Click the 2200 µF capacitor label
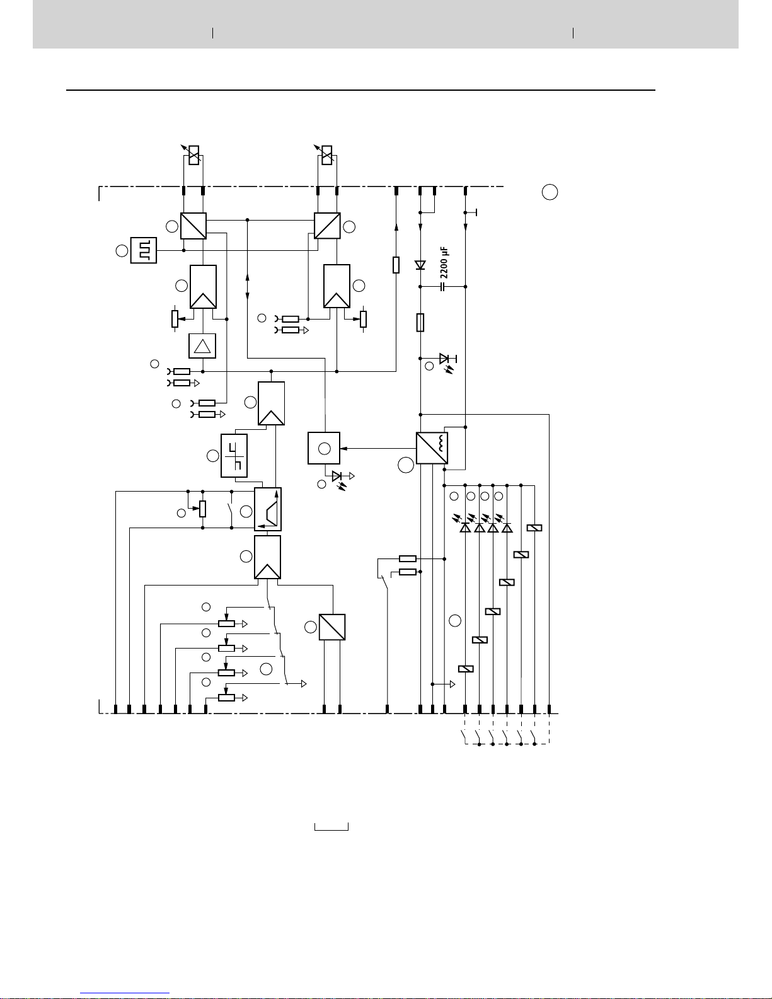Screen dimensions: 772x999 tap(444, 262)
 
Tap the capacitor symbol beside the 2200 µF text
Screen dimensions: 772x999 tap(442, 287)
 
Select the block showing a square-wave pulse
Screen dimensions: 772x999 tap(144, 250)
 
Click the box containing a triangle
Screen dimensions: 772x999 tap(202, 346)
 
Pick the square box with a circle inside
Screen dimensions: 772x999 tap(324, 448)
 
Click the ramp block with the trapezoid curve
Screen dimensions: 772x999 tap(268, 509)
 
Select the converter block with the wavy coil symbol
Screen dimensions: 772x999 tap(432, 448)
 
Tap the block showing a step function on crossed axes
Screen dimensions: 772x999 tap(234, 456)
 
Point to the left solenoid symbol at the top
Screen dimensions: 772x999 tap(194, 155)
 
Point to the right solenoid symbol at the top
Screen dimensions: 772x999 tap(326, 155)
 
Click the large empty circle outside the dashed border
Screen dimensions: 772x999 tap(550, 192)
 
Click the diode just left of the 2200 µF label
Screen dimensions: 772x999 tap(420, 265)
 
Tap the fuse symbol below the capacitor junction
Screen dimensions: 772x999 tap(420, 323)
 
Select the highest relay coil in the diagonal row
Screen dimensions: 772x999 tap(534, 528)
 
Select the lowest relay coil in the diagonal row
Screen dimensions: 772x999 tap(466, 669)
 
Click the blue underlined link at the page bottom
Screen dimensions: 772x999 tap(125, 993)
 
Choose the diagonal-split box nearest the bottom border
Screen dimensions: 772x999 tap(332, 627)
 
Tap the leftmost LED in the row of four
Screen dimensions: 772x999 tap(465, 528)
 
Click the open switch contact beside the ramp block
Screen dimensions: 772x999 tap(231, 509)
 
